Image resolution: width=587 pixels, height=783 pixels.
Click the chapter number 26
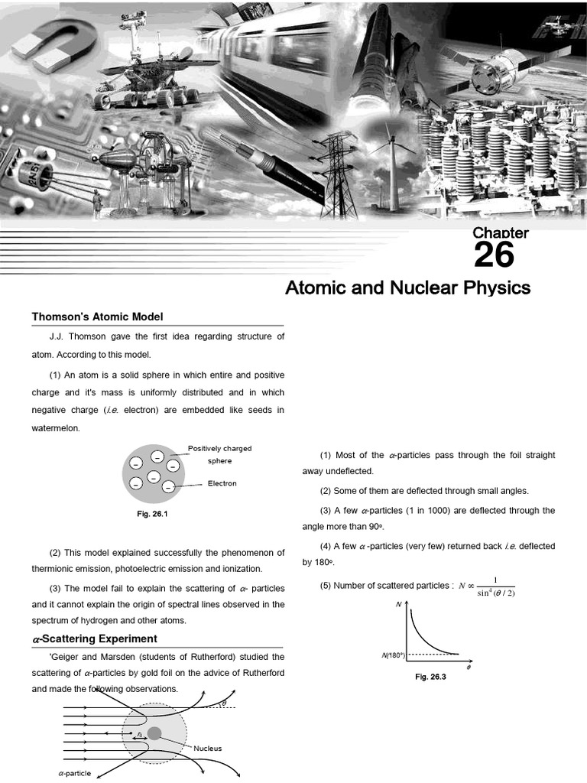(494, 255)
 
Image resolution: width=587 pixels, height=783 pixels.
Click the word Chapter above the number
(501, 233)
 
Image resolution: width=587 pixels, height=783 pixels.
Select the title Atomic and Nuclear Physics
(407, 288)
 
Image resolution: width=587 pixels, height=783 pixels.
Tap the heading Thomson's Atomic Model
(97, 317)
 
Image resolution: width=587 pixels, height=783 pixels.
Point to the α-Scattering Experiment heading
(94, 638)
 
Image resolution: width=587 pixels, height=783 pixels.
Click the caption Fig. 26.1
(152, 514)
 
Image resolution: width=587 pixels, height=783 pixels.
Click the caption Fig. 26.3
(430, 677)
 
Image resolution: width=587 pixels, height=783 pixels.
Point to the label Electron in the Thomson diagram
(222, 483)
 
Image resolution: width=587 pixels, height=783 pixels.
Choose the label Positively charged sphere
(219, 454)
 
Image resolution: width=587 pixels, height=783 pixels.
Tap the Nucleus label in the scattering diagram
(207, 748)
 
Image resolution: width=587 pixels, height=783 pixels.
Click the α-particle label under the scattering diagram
(74, 773)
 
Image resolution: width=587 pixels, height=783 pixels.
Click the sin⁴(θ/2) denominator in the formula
(491, 593)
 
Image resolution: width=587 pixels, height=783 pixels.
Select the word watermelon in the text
(56, 428)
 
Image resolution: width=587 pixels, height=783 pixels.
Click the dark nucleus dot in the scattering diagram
(154, 733)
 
